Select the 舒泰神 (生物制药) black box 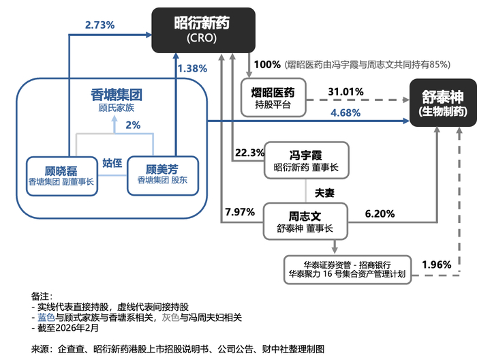coord(442,103)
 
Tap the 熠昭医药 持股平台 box coord(273,97)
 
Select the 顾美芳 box coord(162,175)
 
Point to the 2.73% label coord(99,25)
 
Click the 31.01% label coord(345,91)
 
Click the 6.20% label coord(380,214)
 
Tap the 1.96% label coord(437,264)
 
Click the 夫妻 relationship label coord(324,193)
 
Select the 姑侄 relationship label coord(112,163)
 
